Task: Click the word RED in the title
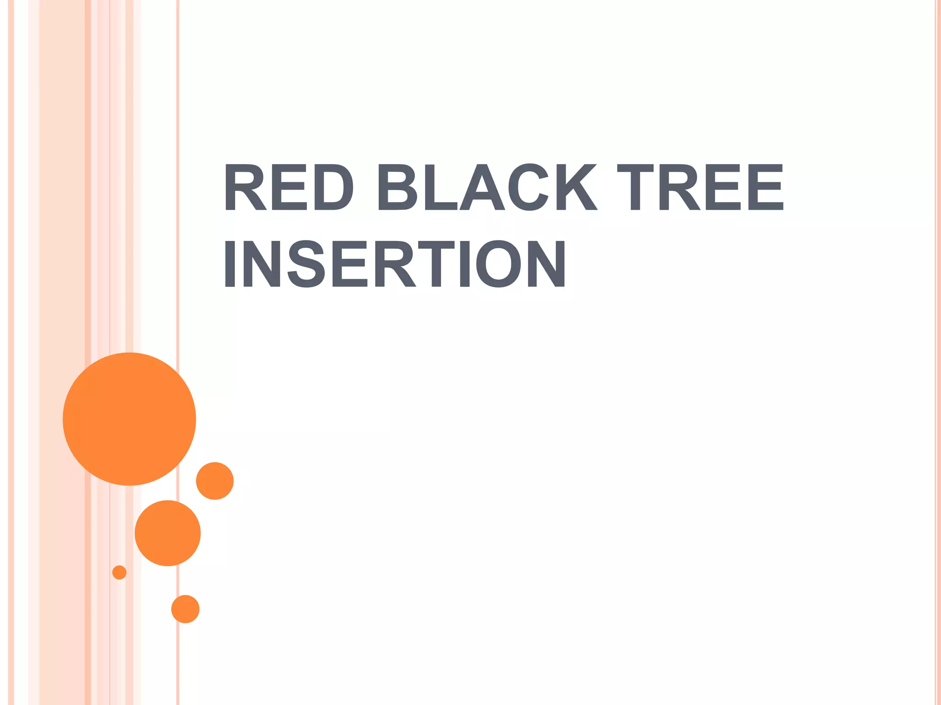[289, 187]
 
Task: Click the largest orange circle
[129, 419]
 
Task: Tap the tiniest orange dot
[119, 572]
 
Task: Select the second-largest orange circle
[168, 533]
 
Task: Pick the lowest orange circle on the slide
[185, 609]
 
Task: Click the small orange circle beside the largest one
[215, 481]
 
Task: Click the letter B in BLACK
[397, 187]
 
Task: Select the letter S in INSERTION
[306, 264]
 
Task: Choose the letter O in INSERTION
[498, 264]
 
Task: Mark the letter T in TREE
[635, 187]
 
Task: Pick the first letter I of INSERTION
[230, 264]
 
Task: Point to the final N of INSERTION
[546, 264]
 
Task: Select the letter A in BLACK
[482, 187]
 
